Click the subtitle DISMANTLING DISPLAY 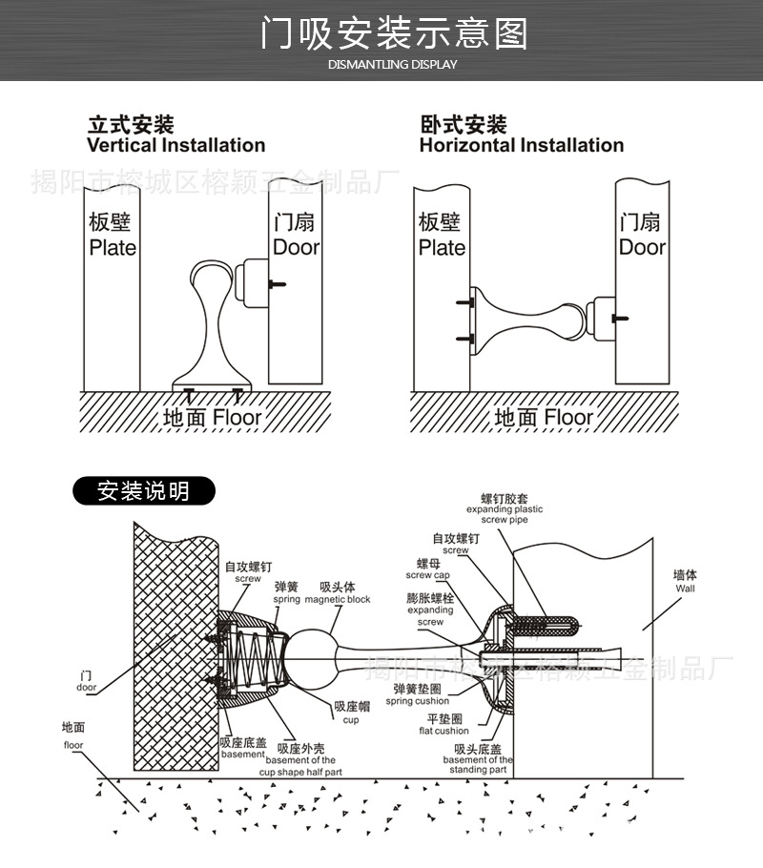(x=392, y=64)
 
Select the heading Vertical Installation (x=175, y=145)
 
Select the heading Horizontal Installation (x=521, y=145)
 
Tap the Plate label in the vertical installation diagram (x=113, y=247)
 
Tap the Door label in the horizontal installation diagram (x=641, y=247)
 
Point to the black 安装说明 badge (x=144, y=492)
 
